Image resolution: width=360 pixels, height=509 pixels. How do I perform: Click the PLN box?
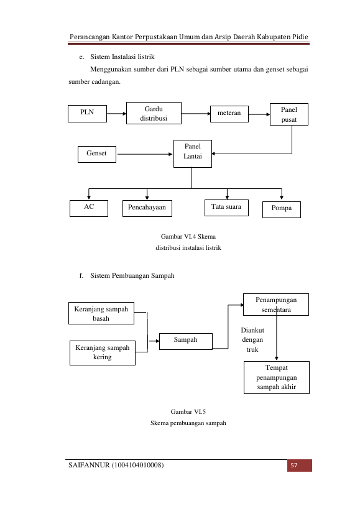tap(87, 114)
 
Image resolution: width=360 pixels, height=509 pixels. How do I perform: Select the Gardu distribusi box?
tap(154, 113)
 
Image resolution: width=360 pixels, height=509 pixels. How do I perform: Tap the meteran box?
tap(229, 114)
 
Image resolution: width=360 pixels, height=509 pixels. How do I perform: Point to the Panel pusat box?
tap(289, 114)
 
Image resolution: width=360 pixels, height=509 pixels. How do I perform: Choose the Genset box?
tap(97, 154)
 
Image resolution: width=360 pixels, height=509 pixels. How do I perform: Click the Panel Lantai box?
tap(193, 154)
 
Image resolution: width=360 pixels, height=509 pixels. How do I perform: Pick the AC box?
tap(89, 208)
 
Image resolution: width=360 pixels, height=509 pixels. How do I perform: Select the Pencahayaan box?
tap(147, 208)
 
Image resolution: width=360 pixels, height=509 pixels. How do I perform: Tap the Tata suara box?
tap(226, 208)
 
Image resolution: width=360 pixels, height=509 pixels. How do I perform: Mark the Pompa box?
tap(282, 209)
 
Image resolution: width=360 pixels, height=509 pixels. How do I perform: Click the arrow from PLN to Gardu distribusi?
tap(116, 114)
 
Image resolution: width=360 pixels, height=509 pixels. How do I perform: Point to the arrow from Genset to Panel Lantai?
tap(145, 154)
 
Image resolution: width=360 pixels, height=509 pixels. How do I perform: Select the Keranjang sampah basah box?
tap(101, 313)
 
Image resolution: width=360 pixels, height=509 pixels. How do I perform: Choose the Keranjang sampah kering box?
tap(103, 353)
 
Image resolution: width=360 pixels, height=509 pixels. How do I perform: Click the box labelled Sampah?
tap(186, 341)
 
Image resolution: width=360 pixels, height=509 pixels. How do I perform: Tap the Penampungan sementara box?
tap(276, 305)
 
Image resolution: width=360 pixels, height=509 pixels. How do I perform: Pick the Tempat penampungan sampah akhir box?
tap(277, 377)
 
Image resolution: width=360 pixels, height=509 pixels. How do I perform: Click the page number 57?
tap(293, 465)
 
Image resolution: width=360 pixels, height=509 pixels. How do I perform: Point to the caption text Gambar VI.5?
tap(188, 411)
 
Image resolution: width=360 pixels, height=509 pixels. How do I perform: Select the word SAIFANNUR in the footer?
tap(89, 465)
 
